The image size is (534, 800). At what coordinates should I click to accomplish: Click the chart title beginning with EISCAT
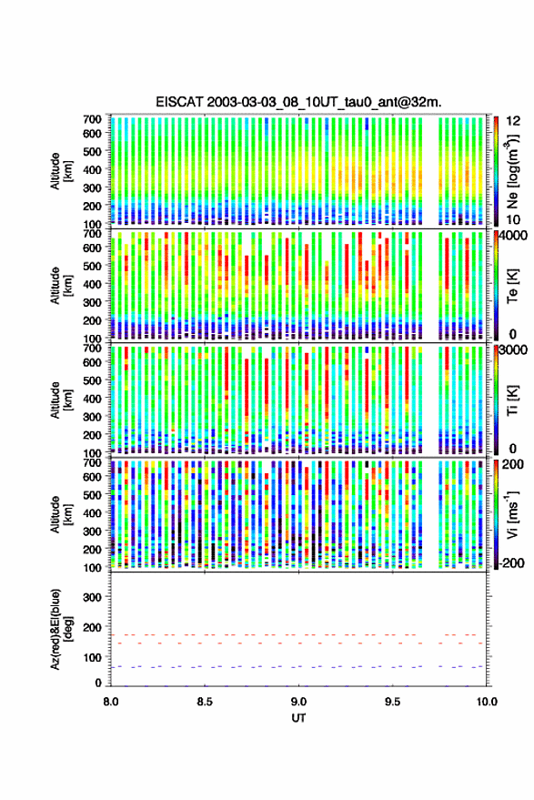coord(298,102)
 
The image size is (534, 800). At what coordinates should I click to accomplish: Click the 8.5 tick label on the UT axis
coord(205,702)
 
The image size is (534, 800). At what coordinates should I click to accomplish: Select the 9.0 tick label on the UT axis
coord(299,702)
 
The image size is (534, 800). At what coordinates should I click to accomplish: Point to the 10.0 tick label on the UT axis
coord(487,702)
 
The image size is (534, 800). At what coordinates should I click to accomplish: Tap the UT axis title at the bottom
coord(298,718)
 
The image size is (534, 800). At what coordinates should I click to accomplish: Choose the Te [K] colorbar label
coord(512,286)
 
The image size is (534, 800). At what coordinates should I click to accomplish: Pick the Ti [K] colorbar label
coord(512,400)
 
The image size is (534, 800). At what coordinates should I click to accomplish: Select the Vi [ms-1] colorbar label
coord(512,514)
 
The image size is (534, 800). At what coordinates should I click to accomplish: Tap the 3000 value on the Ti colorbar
coord(513,350)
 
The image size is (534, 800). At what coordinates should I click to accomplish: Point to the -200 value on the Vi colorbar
coord(510,563)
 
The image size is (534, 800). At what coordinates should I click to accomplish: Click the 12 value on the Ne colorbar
coord(513,121)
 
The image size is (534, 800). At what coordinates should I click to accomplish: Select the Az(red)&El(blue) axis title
coord(61,629)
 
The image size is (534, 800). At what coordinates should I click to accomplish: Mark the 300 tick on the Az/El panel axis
coord(92,597)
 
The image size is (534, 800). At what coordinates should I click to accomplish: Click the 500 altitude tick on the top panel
coord(92,151)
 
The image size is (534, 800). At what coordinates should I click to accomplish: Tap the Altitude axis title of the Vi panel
coord(61,514)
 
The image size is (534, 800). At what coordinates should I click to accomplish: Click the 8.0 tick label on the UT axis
coord(110,702)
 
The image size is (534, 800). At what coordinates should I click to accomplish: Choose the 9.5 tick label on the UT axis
coord(393,702)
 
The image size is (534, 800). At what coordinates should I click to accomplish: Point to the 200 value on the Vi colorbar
coord(512,464)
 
